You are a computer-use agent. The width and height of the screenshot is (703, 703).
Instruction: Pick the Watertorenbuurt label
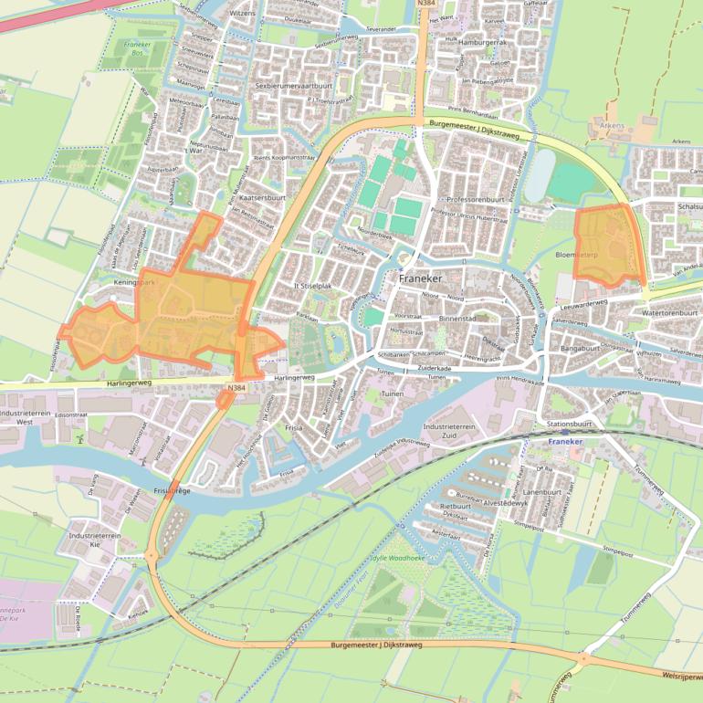pos(669,312)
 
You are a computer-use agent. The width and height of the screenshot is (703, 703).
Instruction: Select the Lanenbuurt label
pos(542,492)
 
